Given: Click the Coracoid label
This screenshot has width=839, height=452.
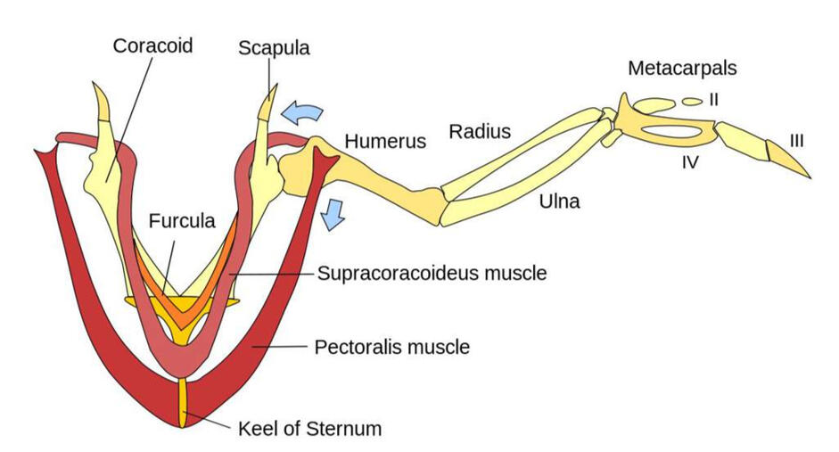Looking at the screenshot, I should point(152,45).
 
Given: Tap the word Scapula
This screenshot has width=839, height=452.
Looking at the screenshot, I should point(274,47).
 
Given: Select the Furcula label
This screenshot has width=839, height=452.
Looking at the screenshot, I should point(182,220).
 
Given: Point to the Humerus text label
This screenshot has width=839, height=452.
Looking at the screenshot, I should point(385,141).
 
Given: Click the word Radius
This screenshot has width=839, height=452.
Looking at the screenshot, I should point(480,132).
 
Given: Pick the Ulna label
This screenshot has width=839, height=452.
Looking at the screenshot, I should point(560,201).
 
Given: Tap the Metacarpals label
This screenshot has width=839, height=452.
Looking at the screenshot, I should point(682,68).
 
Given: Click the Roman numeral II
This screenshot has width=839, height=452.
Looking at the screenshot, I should point(713,100).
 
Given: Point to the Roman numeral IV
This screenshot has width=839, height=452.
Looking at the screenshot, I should point(690,162).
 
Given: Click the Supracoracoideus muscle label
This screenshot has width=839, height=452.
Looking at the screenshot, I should point(432,273).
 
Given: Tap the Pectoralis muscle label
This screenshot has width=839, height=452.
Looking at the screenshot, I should point(392,346).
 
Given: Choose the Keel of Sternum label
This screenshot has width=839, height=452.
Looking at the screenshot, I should point(309,428).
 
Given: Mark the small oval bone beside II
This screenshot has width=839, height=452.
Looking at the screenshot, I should point(692,103).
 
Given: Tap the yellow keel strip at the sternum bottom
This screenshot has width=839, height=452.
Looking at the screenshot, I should point(183,401).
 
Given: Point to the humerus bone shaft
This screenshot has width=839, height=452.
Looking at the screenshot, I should point(383,178).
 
